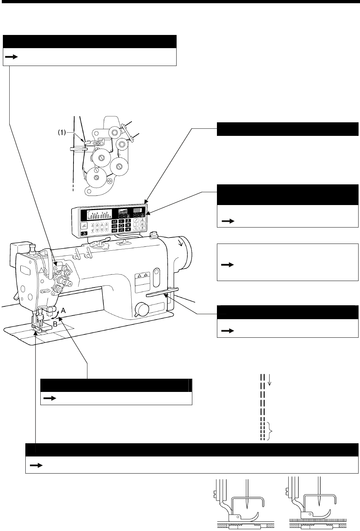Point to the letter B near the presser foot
tap(55, 324)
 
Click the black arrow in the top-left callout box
tap(13, 57)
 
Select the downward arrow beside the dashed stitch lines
tap(270, 380)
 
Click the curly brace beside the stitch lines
tap(272, 431)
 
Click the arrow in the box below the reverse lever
tap(228, 331)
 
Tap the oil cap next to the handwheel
tap(154, 235)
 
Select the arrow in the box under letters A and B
tap(50, 398)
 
